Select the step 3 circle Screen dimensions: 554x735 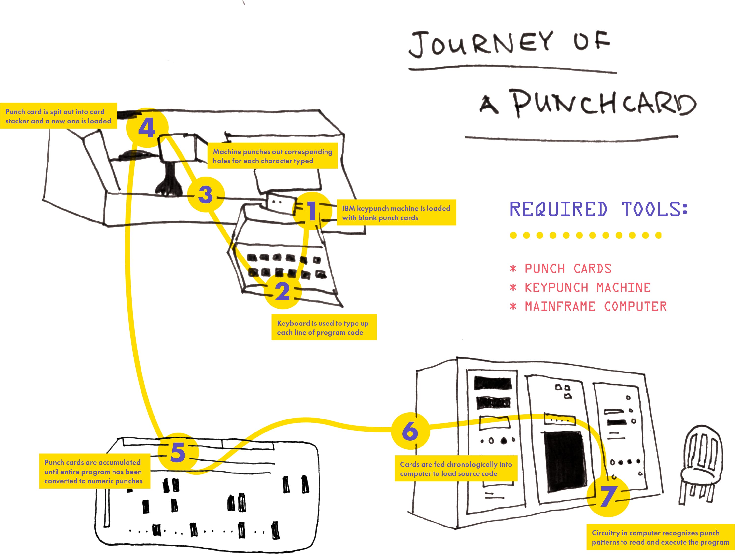[x=206, y=194]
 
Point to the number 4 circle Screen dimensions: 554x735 [x=147, y=128]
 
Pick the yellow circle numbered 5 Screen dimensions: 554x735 [x=178, y=452]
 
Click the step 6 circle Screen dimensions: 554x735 [x=410, y=431]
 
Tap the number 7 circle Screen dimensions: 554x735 [x=608, y=497]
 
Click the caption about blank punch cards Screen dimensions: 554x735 [x=396, y=213]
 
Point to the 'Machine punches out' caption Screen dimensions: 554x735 [x=272, y=156]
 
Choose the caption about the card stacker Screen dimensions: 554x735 [x=58, y=116]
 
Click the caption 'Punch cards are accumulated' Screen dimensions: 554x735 [x=94, y=471]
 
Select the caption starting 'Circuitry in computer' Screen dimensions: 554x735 [x=660, y=537]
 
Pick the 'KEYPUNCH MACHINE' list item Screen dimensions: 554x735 [x=587, y=287]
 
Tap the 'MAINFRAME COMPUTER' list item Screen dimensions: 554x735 [x=595, y=306]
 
